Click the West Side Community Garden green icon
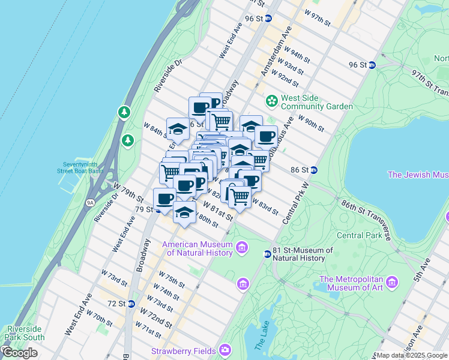[271, 100]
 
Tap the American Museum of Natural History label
[199, 248]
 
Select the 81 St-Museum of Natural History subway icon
[268, 254]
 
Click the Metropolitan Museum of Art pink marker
[392, 281]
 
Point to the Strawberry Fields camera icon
[224, 349]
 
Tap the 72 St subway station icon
[131, 304]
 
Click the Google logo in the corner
[20, 353]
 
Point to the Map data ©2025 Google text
[411, 355]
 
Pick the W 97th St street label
[318, 17]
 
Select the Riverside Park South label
[25, 333]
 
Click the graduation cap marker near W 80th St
[185, 212]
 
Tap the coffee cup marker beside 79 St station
[164, 198]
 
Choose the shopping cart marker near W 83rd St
[240, 196]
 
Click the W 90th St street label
[310, 125]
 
